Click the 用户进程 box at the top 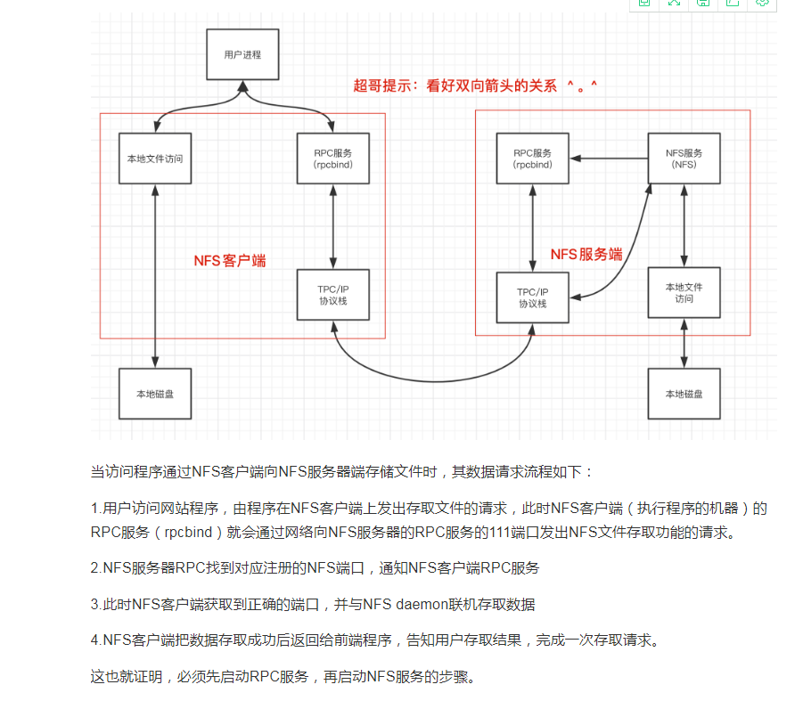(x=242, y=54)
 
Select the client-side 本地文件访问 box (x=155, y=159)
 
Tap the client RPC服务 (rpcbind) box (x=333, y=159)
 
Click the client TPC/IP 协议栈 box (x=333, y=295)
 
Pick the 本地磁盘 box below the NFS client (x=155, y=393)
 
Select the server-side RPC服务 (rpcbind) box (x=533, y=159)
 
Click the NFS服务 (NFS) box (x=684, y=159)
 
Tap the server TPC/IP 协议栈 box (x=533, y=297)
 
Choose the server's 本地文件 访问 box (x=684, y=292)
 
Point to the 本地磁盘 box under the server (x=684, y=393)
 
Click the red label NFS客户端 (x=230, y=261)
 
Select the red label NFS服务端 (x=586, y=254)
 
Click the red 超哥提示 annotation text (x=476, y=86)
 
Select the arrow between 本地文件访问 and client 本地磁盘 (x=155, y=276)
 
